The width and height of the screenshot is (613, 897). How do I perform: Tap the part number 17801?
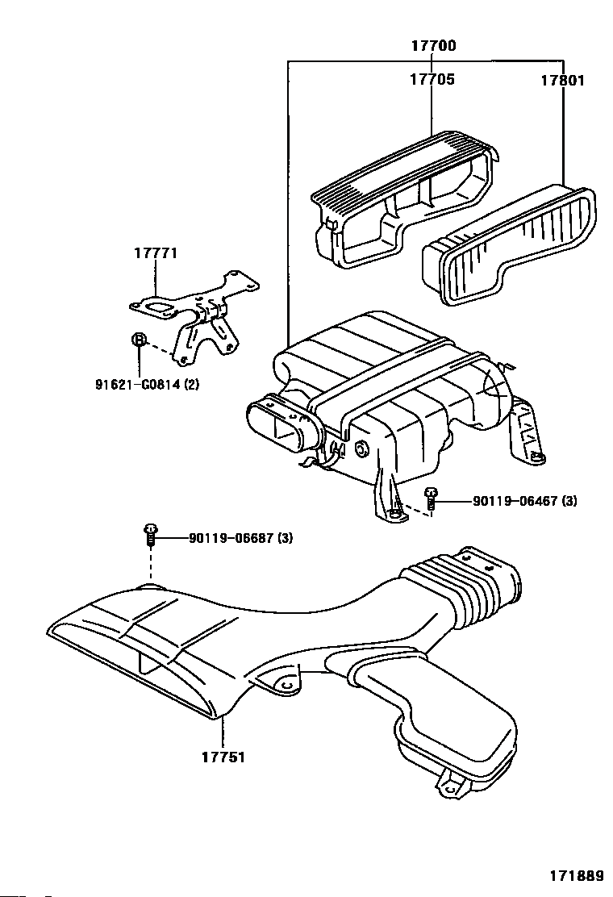[562, 81]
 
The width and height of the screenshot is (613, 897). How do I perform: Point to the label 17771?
[155, 253]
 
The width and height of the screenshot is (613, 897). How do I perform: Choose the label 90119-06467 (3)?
[525, 502]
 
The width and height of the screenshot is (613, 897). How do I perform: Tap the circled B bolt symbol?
[139, 340]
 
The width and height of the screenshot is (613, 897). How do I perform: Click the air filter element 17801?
[508, 246]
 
